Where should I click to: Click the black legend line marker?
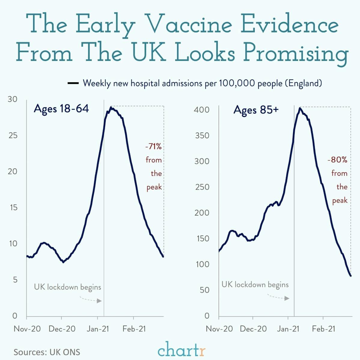tap(73, 83)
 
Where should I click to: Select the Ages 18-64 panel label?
tap(61, 108)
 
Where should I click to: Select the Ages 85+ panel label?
tap(256, 110)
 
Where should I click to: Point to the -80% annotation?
tap(337, 160)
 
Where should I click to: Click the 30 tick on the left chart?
tap(13, 99)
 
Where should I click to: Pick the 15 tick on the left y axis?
tap(13, 207)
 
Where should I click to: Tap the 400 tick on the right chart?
tap(202, 110)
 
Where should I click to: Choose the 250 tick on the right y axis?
tap(202, 187)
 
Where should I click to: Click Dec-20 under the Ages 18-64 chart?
tap(62, 329)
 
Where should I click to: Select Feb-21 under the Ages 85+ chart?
tap(323, 329)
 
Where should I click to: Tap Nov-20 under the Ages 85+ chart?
tap(219, 329)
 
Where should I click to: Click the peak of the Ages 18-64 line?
tap(111, 107)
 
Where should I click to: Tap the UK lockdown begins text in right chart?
tap(255, 284)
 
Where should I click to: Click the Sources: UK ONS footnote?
tap(47, 352)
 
